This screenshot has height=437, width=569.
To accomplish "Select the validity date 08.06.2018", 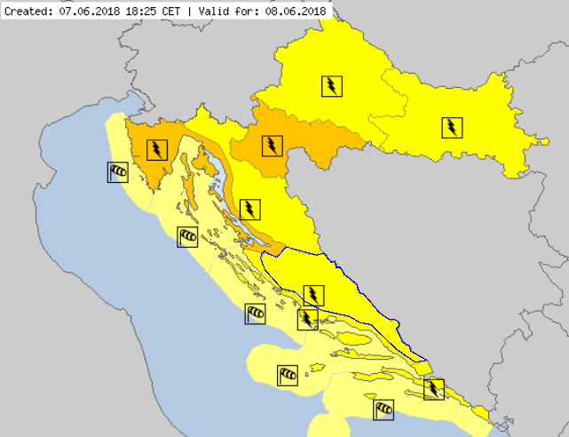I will [x=297, y=10].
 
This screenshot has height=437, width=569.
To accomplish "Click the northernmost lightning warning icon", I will [x=331, y=86].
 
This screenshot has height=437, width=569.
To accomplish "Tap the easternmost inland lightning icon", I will [x=453, y=128].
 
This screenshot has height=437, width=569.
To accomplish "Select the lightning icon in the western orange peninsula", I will [x=156, y=149].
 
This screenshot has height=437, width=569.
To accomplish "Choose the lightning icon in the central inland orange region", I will [x=271, y=145].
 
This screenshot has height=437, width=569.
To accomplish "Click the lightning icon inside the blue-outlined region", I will [x=313, y=294].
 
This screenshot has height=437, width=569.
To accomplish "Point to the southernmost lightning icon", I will [x=433, y=388].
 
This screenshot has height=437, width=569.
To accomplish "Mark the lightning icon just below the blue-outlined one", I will [x=307, y=319].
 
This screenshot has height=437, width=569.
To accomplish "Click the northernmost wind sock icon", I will [x=117, y=171].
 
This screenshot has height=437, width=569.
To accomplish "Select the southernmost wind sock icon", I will [x=383, y=409].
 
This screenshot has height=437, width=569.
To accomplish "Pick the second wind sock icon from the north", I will [x=186, y=236].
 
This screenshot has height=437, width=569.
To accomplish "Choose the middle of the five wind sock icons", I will [x=255, y=313].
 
